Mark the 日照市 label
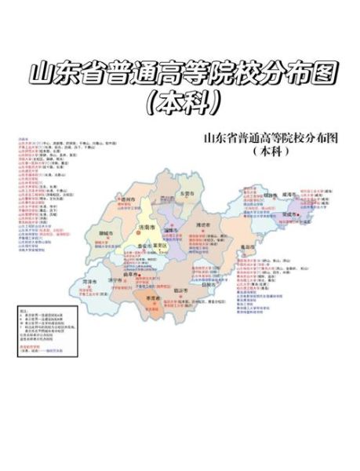[x=209, y=285]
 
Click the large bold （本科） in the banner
[x=180, y=102]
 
